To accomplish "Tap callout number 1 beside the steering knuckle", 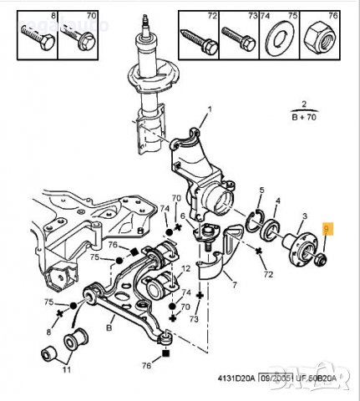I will (210, 110).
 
